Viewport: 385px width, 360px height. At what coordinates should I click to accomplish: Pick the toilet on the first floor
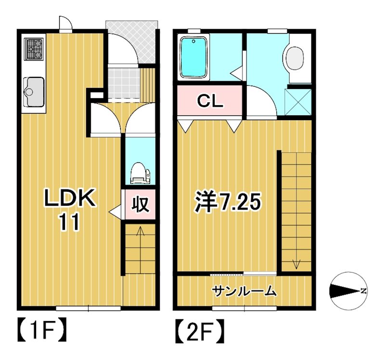pos(140,173)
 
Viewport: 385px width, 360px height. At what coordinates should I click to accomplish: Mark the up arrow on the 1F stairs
pos(141,232)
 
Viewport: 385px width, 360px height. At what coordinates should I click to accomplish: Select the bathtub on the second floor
pos(193,58)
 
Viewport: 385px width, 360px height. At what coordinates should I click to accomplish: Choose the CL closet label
pos(210,101)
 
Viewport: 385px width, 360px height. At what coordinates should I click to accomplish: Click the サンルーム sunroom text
pos(244,290)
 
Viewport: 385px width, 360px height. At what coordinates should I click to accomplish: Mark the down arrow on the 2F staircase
pos(295,263)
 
